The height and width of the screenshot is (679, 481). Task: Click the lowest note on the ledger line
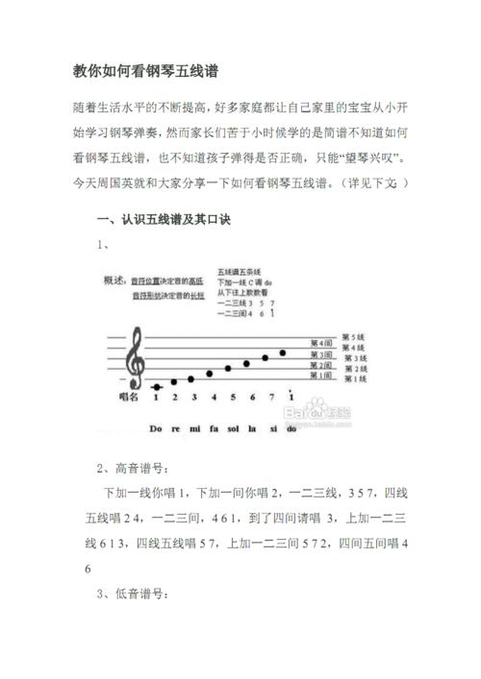point(157,386)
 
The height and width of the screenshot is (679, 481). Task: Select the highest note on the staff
point(283,352)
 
